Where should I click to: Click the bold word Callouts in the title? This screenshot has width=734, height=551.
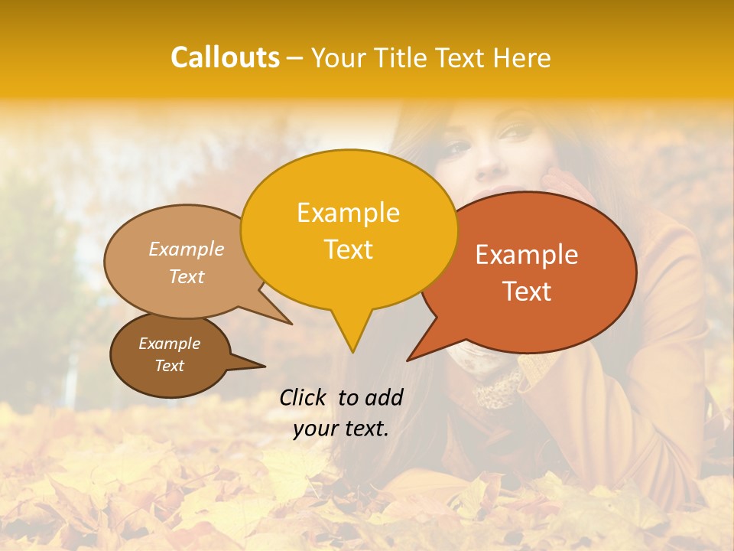pos(225,57)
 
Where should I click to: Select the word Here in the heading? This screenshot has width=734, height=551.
pos(523,58)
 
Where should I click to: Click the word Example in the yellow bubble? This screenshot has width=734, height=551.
pos(348,213)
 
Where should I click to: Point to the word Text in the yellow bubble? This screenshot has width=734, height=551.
pos(348,249)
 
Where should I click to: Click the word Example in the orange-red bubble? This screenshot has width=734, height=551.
pos(527,255)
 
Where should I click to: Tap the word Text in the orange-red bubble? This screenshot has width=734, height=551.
pos(527,292)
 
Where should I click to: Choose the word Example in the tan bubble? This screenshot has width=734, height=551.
pos(187,249)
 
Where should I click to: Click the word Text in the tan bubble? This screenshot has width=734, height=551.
pos(187,276)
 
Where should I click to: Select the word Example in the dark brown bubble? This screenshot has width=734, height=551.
pos(169,344)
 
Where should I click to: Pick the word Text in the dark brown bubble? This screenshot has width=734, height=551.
pos(169,366)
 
